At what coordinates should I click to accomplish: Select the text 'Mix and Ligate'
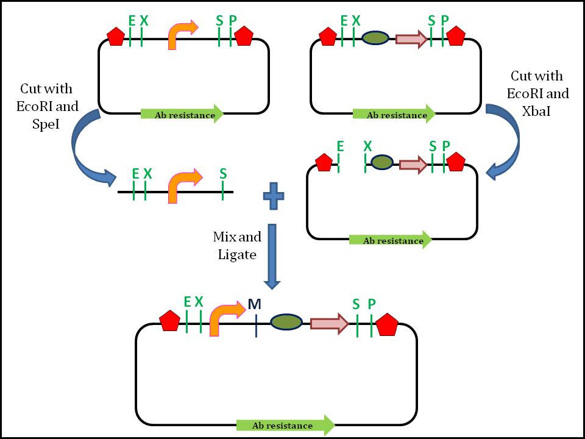tap(235, 245)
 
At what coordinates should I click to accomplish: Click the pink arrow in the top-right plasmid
tap(411, 39)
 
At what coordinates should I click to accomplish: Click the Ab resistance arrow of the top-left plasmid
tap(182, 114)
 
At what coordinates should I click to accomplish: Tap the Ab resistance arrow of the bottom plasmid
tap(285, 425)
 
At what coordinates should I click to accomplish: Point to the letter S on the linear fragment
tap(223, 174)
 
